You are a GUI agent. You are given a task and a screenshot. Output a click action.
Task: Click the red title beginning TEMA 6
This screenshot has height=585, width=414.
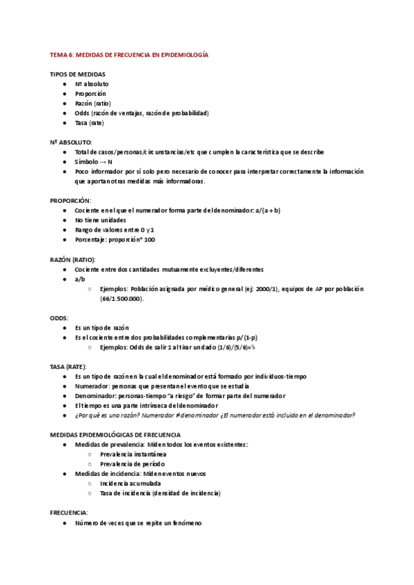[129, 54]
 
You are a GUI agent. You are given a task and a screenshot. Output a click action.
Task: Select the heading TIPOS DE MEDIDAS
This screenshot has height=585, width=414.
[77, 73]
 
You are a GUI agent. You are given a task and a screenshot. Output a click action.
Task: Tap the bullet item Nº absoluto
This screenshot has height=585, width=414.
[92, 83]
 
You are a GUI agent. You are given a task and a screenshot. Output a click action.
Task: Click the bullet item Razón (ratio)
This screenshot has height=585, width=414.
[92, 103]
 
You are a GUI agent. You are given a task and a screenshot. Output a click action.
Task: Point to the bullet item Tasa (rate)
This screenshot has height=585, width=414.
[90, 122]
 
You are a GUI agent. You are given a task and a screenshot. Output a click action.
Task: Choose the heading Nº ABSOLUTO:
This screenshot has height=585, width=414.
[71, 141]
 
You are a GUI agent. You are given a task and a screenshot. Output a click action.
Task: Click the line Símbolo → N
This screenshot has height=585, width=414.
[93, 161]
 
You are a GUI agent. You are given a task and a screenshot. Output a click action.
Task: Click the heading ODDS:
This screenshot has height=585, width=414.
[59, 317]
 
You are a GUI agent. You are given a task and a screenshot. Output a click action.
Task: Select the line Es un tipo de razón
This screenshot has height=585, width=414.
[101, 327]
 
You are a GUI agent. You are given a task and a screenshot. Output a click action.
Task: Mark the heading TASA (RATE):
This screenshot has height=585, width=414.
[72, 366]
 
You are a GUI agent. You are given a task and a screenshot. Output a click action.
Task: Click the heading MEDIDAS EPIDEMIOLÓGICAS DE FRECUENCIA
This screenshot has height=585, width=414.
[115, 435]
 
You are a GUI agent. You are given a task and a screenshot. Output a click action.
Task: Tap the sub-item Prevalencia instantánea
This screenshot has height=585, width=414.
[133, 455]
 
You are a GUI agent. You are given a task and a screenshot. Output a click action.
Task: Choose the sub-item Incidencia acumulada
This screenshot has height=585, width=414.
[129, 484]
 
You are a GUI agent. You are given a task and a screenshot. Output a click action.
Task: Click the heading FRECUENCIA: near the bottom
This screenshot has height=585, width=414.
[69, 513]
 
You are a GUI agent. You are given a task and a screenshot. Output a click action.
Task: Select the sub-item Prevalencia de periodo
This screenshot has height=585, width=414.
[133, 464]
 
